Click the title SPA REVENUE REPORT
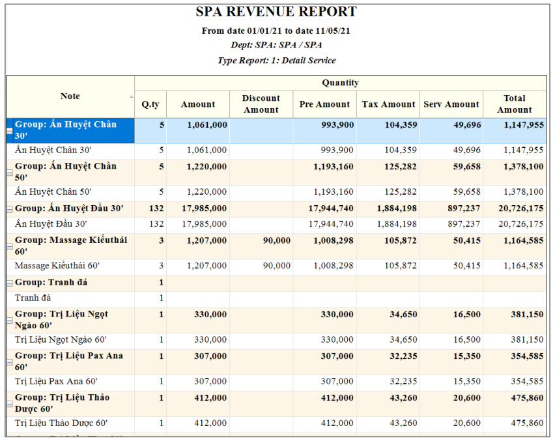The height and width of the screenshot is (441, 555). pos(276,12)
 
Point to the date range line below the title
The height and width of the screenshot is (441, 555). pos(276,31)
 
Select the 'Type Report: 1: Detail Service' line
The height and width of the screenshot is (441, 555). pos(276,61)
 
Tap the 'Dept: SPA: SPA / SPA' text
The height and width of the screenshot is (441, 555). pos(276,46)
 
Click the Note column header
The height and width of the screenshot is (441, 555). pos(70,96)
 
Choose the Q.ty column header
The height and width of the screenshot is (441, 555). pos(150,104)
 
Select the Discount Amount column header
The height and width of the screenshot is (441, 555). pos(261,104)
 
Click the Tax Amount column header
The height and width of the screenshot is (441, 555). pos(388,104)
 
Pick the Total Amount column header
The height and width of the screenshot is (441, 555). pos(514,104)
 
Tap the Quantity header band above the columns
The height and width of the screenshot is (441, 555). pos(340,83)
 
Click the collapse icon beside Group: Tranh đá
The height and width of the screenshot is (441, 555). pos(10,283)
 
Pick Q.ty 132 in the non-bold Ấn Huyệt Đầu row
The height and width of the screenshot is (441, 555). pos(156,224)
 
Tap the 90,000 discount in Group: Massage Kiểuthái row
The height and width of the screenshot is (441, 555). pos(277,241)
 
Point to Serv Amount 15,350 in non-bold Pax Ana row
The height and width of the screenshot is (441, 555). pos(466,382)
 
